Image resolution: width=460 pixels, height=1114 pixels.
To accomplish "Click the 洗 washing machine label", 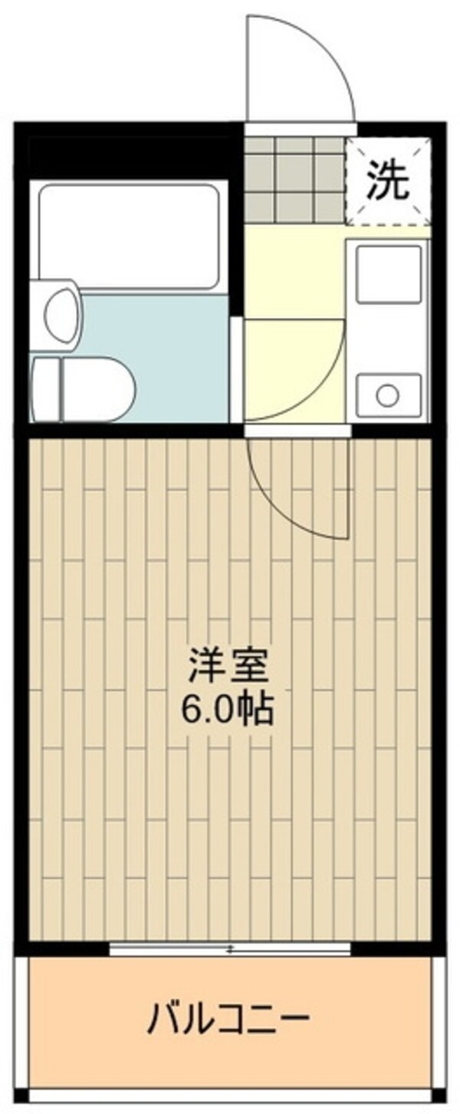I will pos(386,181).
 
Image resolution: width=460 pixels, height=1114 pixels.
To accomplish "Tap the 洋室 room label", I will pos(229,667).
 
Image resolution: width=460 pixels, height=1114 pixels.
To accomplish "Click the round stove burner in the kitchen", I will pos(387,395).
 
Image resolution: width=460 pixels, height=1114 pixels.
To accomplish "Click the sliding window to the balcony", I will pos(229,949).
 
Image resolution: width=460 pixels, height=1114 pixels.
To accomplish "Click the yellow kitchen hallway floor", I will pos(291,268).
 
